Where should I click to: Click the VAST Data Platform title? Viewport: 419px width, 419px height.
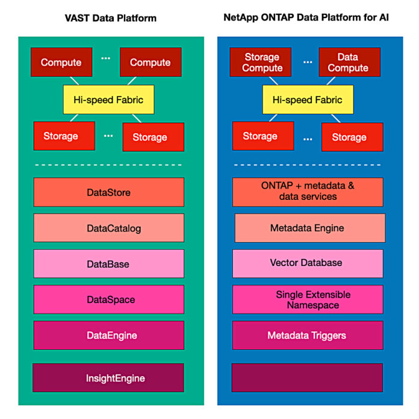click(x=110, y=17)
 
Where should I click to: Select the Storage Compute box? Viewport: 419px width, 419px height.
click(x=262, y=63)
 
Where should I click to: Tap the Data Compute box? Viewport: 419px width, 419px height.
click(x=347, y=63)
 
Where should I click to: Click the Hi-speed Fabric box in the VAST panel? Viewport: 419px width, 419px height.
click(x=109, y=99)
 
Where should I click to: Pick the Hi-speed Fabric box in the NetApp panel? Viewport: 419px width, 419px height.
click(x=308, y=99)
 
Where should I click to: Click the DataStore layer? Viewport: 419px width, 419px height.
click(x=108, y=193)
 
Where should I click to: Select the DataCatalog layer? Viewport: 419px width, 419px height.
click(x=108, y=229)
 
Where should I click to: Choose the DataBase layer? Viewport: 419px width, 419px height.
click(x=108, y=264)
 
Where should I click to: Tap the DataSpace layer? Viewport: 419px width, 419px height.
click(x=108, y=299)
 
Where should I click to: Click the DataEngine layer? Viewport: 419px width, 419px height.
click(x=108, y=335)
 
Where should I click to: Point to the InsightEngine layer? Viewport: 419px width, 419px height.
click(x=108, y=378)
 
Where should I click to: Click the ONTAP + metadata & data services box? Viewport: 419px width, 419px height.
click(x=308, y=191)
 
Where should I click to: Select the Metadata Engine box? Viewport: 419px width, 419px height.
click(x=308, y=228)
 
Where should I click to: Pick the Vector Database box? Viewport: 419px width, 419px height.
click(x=308, y=263)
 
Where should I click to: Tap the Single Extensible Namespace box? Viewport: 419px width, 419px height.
click(x=308, y=300)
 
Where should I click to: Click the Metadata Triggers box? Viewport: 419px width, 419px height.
click(x=308, y=335)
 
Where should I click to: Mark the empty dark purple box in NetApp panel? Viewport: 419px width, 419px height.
click(x=308, y=377)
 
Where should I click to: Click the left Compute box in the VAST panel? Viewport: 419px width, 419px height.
click(x=61, y=63)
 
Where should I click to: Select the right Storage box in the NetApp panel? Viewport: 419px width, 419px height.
click(x=349, y=137)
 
